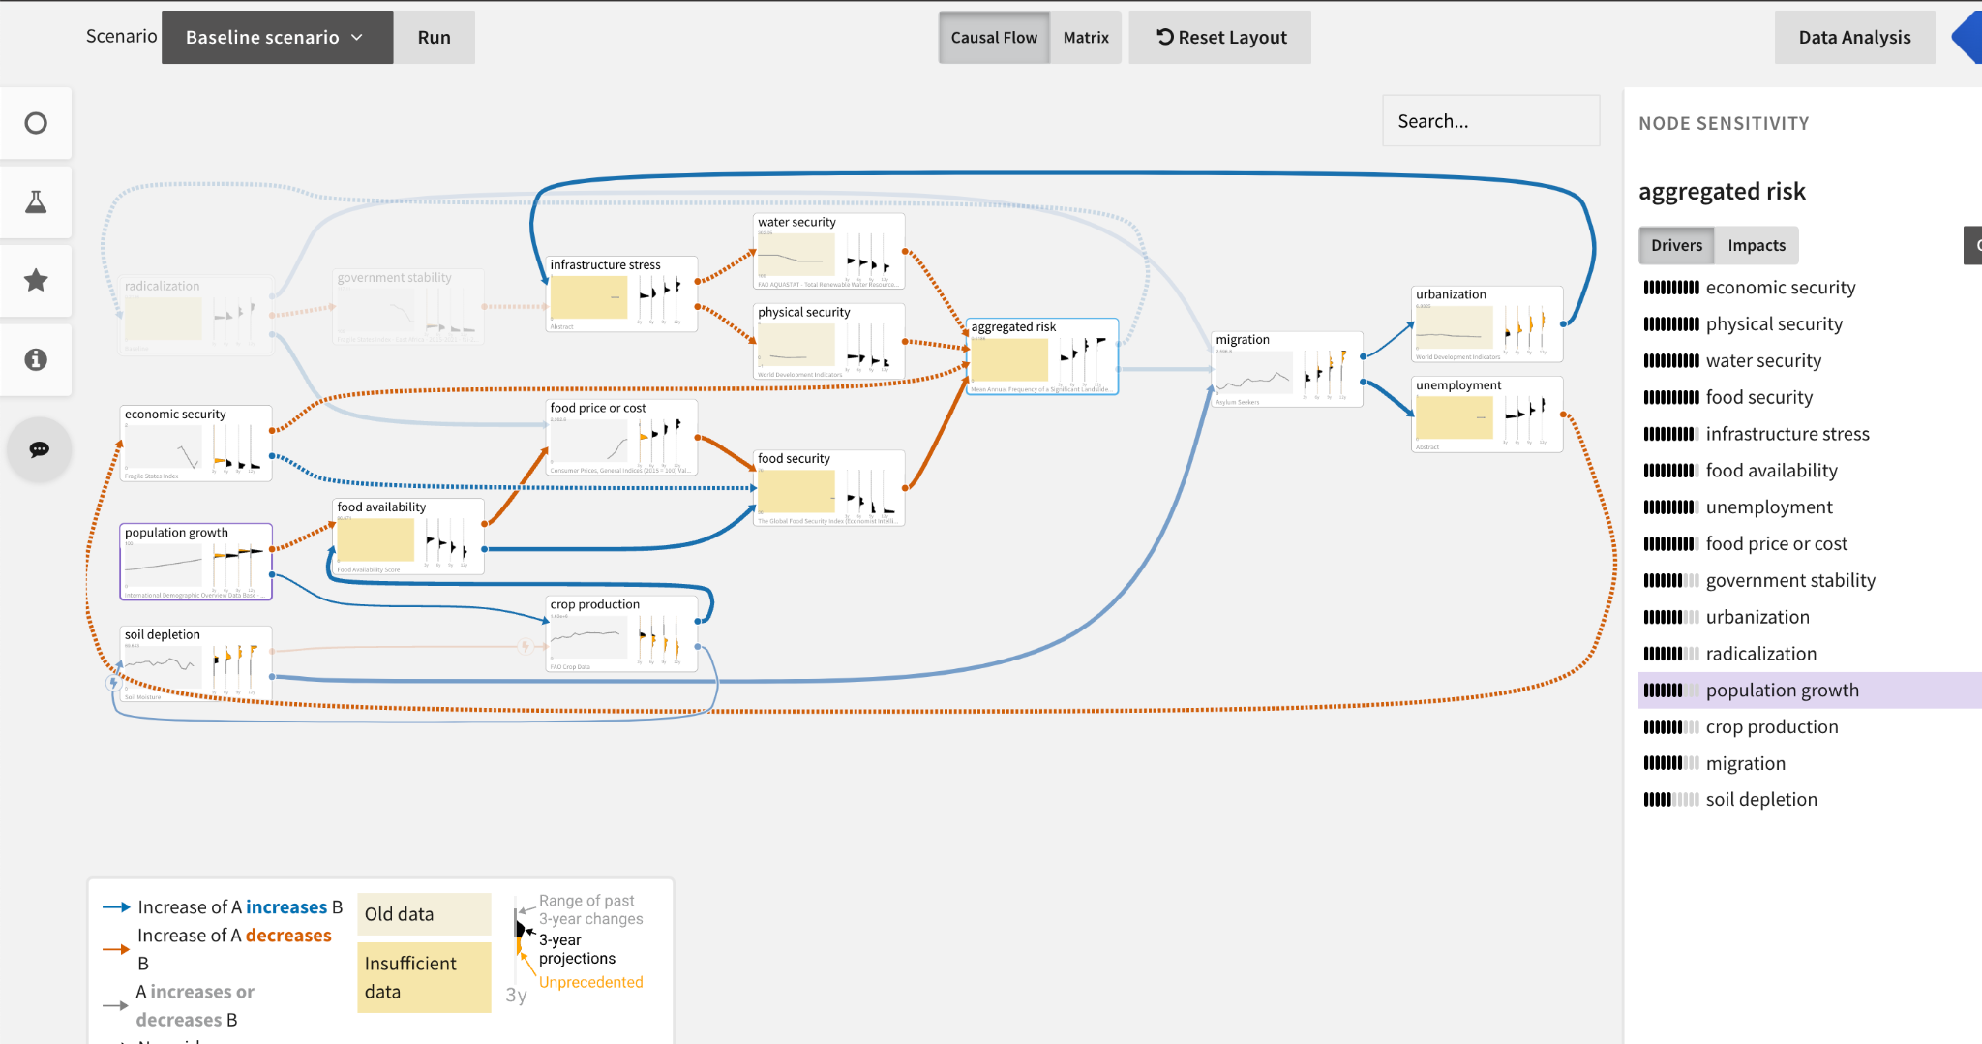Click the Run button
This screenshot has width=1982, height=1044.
pos(434,38)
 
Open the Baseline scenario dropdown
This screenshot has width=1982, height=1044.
pos(276,38)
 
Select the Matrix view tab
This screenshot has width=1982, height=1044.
pos(1085,38)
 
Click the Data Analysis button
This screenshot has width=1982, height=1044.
pos(1853,38)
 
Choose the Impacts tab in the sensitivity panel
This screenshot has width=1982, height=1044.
pos(1756,246)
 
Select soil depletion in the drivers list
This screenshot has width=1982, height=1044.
pos(1760,800)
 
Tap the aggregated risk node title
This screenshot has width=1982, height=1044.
pos(1012,327)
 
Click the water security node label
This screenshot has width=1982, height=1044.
pos(796,223)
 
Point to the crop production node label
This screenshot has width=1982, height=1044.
pos(594,604)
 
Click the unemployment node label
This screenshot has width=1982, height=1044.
pos(1457,385)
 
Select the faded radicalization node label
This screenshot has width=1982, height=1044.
pos(162,287)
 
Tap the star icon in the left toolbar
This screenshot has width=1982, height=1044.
pos(36,281)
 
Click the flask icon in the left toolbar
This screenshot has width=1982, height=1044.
pos(36,202)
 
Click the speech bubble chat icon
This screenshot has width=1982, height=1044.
pos(39,449)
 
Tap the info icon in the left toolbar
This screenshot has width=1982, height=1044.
pos(36,359)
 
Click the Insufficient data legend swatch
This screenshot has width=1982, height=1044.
pos(423,977)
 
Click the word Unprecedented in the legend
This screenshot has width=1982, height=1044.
pos(590,982)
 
